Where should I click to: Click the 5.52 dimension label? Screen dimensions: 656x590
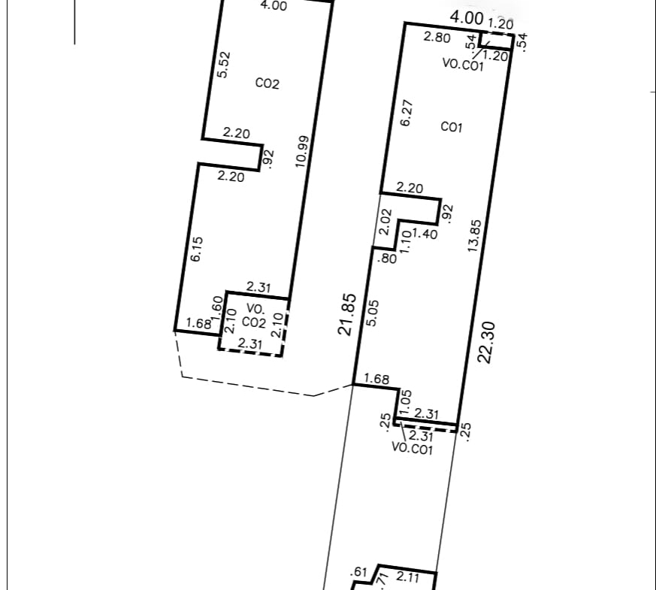coord(224,65)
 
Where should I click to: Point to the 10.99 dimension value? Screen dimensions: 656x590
coord(302,152)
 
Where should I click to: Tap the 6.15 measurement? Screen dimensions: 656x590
coord(197,250)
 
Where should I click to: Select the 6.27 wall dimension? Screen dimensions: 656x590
coord(407,113)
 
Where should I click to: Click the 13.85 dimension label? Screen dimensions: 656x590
coord(474,235)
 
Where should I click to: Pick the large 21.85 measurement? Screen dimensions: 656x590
coord(347,315)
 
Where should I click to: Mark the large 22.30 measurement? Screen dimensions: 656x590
coord(486,342)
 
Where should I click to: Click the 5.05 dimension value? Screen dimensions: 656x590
coord(372,313)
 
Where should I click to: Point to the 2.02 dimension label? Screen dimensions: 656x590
coord(385,222)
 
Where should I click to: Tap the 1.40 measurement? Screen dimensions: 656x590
coord(425,234)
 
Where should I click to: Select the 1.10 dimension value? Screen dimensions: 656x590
coord(406,241)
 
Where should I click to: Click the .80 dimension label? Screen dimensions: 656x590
coord(387,259)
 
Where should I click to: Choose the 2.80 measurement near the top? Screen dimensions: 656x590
coord(437,37)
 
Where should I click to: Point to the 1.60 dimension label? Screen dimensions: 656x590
coord(217,308)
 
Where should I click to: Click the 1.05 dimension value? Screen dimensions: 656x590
coord(406,401)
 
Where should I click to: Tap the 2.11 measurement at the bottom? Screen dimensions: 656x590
coord(407,577)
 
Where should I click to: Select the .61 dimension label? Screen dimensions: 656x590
coord(359,572)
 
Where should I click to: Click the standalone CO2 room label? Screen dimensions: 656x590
coord(267,83)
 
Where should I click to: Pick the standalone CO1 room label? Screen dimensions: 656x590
coord(452,127)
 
